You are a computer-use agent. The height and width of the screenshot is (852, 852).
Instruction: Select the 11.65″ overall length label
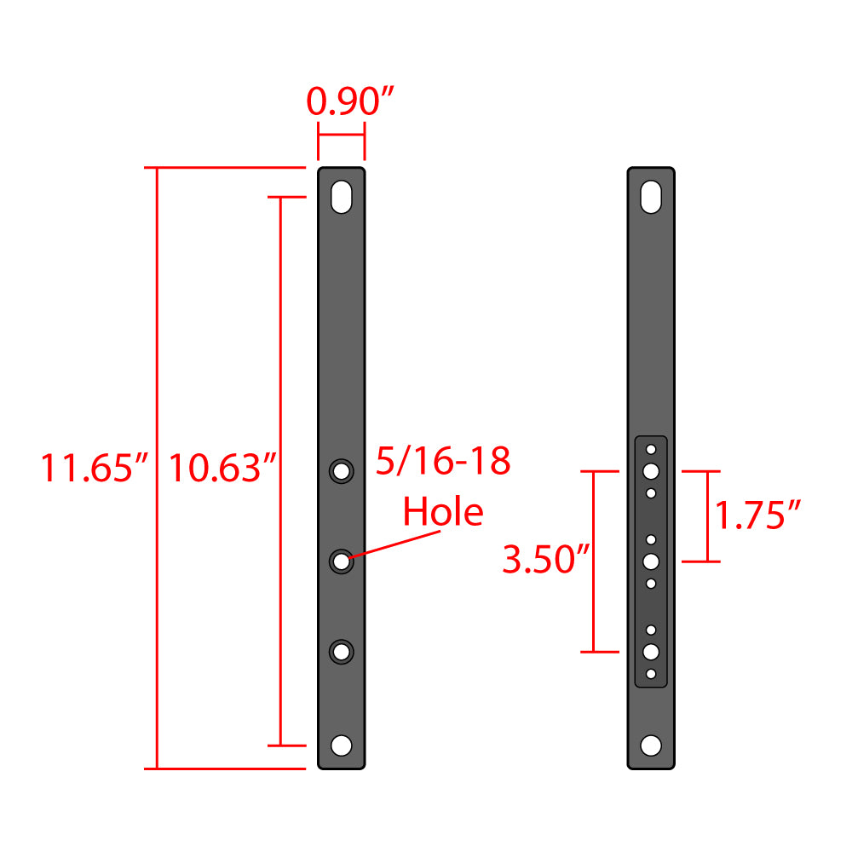pos(95,469)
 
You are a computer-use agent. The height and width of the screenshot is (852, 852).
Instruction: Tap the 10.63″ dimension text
pos(222,469)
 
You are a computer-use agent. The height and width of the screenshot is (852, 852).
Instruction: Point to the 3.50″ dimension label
pos(546,561)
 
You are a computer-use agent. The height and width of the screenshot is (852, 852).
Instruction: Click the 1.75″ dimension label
pos(757,515)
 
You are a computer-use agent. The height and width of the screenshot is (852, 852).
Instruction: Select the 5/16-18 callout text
pos(443,462)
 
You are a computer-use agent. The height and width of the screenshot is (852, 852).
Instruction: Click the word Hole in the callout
pos(442,512)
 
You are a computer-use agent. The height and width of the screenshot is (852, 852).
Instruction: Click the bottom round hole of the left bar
pos(342,745)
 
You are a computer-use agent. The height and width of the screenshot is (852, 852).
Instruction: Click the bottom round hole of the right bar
pos(652,745)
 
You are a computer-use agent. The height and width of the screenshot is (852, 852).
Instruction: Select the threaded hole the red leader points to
pos(342,561)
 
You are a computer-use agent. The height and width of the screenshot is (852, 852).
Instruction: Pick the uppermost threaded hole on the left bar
pos(342,470)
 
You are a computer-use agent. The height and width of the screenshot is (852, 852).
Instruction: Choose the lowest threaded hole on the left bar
pos(342,652)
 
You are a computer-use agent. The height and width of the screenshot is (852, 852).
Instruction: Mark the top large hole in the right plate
pos(652,470)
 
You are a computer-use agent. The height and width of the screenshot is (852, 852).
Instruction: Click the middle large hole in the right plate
pos(652,561)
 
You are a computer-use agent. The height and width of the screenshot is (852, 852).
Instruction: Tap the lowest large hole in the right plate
pos(652,652)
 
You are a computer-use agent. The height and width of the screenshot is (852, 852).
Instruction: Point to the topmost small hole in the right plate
pos(652,448)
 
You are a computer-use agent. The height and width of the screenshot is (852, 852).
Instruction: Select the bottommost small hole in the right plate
pos(652,674)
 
